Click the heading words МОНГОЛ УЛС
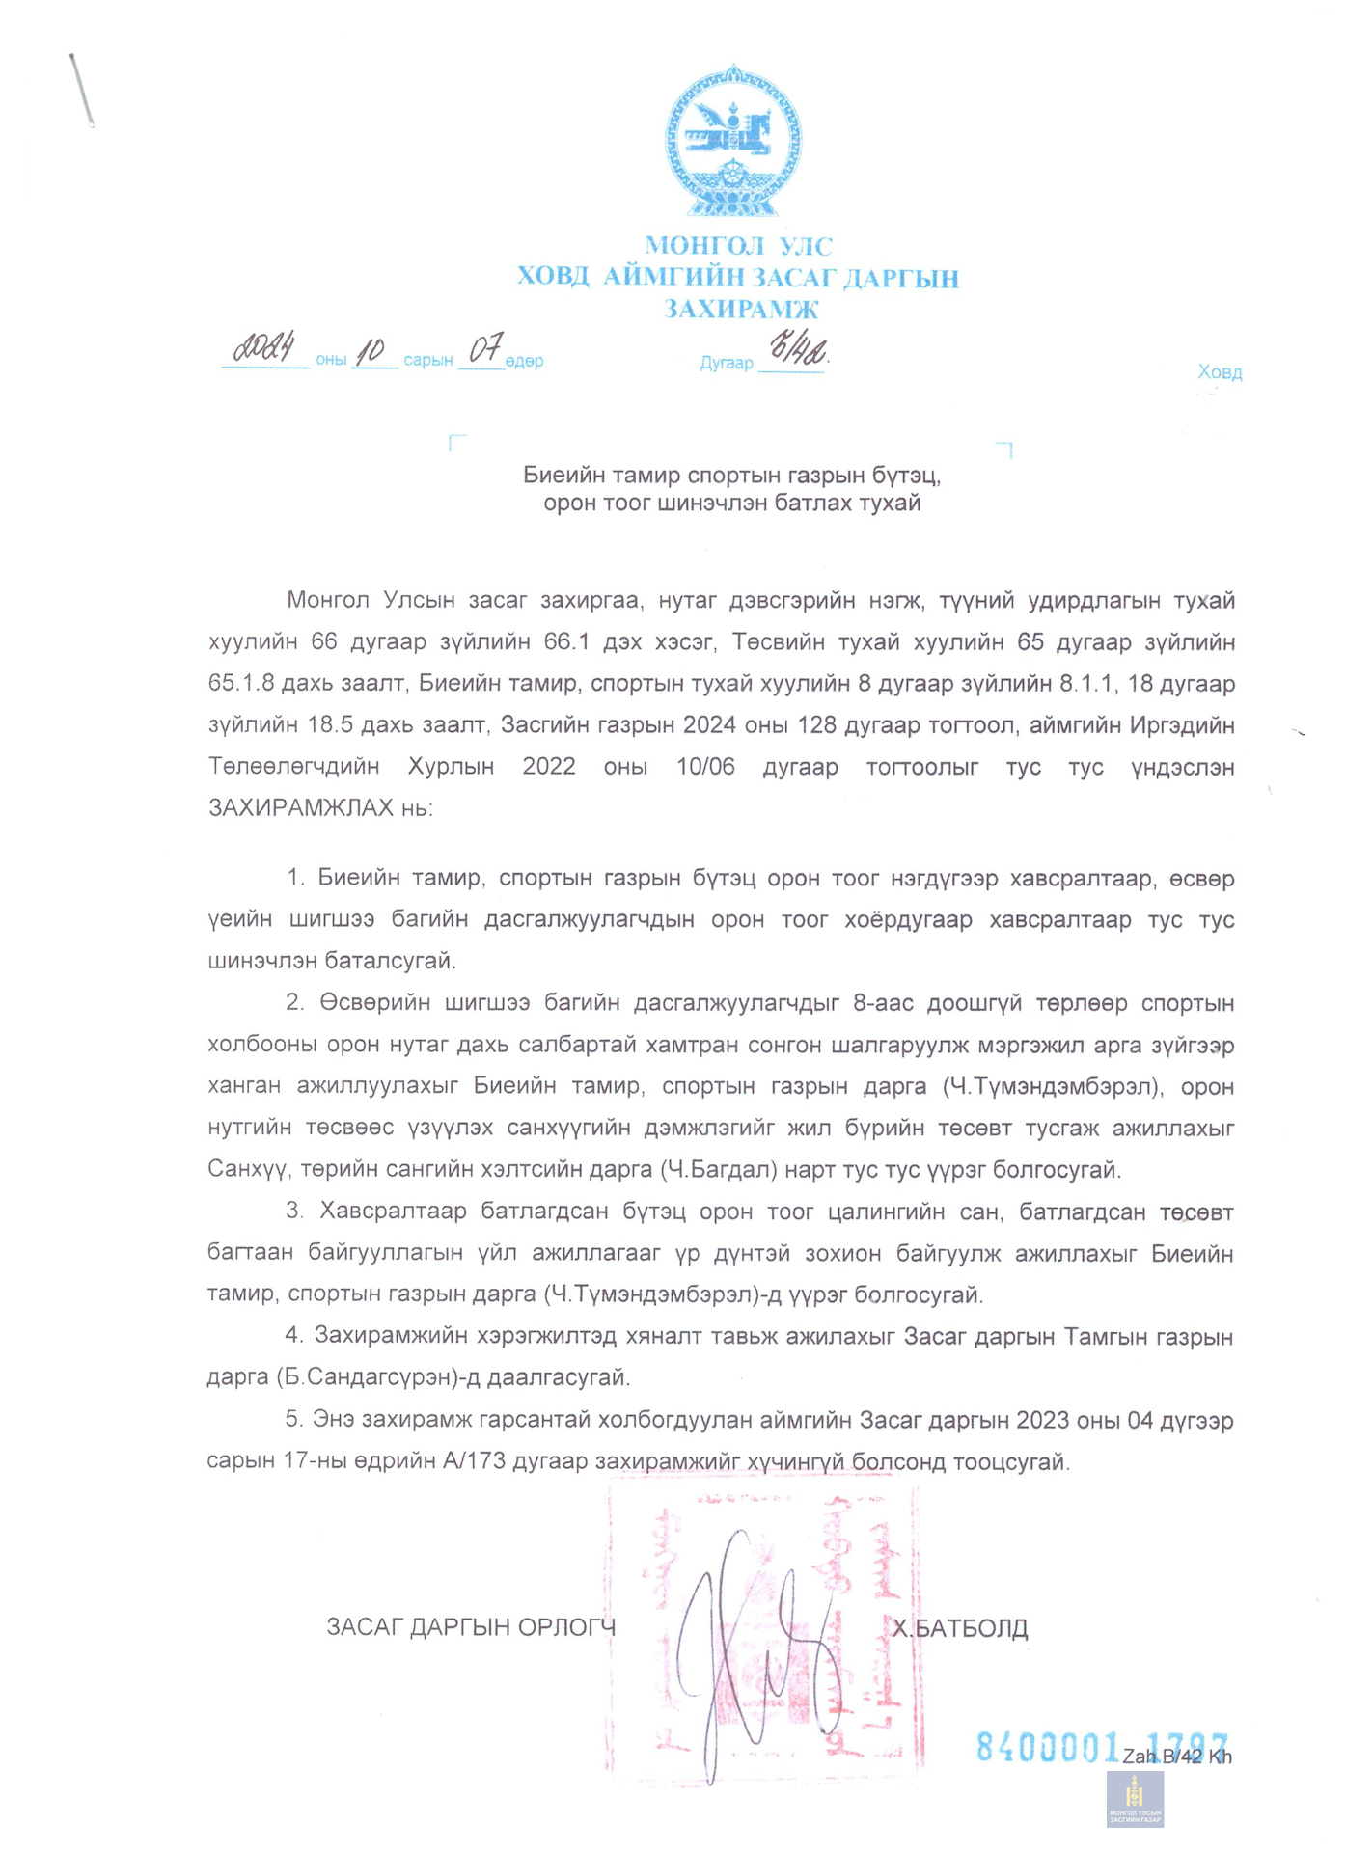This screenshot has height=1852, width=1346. tap(738, 247)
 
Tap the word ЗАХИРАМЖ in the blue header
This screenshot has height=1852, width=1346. tap(740, 310)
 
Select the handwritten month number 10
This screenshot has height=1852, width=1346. tap(371, 352)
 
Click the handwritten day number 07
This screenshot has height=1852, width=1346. tap(484, 350)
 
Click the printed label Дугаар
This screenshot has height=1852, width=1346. tap(726, 364)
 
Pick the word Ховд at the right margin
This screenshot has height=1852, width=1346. tap(1220, 372)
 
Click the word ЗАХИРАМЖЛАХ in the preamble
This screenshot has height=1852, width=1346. tap(301, 807)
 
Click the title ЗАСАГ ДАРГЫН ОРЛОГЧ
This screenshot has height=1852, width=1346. tap(471, 1628)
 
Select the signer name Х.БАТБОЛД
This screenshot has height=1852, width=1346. tap(959, 1629)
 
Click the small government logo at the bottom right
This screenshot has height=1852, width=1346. tap(1135, 1799)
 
